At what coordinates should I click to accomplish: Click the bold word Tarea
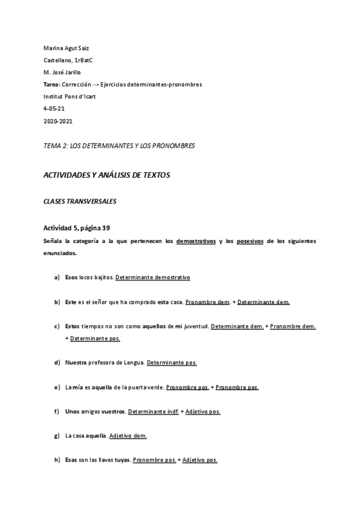click(x=52, y=84)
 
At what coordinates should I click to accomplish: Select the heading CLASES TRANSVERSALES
click(x=80, y=202)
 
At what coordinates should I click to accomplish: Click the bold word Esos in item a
click(x=72, y=278)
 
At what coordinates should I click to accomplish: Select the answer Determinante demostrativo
click(x=152, y=278)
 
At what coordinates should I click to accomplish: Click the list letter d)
click(x=57, y=363)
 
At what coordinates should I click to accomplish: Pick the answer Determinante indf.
click(x=153, y=412)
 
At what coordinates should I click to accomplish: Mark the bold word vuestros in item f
click(x=110, y=412)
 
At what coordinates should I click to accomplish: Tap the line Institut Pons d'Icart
click(x=71, y=97)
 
